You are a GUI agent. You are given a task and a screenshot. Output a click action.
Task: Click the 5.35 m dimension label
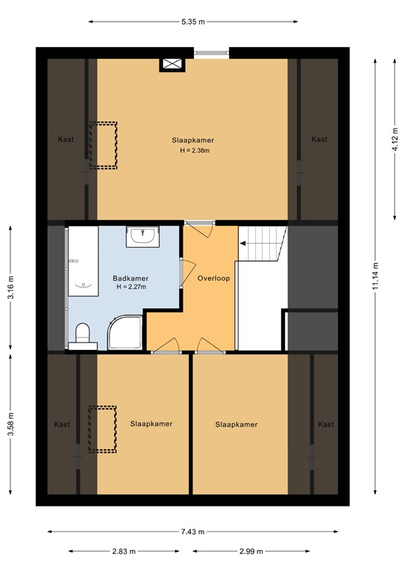pyautogui.click(x=192, y=22)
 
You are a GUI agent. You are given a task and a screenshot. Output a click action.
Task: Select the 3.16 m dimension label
pyautogui.click(x=10, y=286)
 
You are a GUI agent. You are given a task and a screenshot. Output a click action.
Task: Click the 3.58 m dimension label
pyautogui.click(x=10, y=425)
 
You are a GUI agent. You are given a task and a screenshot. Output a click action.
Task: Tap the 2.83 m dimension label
pyautogui.click(x=123, y=551)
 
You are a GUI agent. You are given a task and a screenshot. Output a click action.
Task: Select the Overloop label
pyautogui.click(x=214, y=278)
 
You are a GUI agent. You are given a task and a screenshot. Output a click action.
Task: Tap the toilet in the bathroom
pyautogui.click(x=82, y=334)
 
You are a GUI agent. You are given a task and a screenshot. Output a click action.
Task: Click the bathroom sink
pyautogui.click(x=142, y=236)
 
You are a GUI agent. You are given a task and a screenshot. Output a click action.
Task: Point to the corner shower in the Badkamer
pyautogui.click(x=125, y=331)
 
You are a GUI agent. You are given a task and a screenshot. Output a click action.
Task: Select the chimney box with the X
pyautogui.click(x=171, y=64)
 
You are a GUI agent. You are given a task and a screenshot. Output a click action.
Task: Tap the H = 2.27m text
pyautogui.click(x=131, y=286)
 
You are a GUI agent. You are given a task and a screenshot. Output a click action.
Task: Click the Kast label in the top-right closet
pyautogui.click(x=319, y=140)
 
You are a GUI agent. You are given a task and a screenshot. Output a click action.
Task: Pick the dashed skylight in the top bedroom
pyautogui.click(x=103, y=144)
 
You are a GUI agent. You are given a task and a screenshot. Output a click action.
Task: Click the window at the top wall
pyautogui.click(x=212, y=52)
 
